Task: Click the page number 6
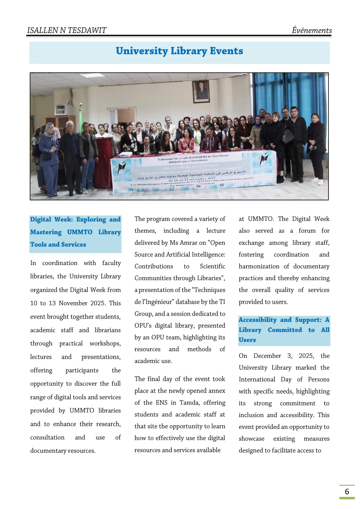click(x=347, y=491)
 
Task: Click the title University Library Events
click(x=179, y=51)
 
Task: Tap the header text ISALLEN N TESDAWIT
click(x=66, y=30)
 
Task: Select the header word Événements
click(x=312, y=30)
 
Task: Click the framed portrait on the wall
click(x=201, y=91)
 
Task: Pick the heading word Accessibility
click(x=258, y=320)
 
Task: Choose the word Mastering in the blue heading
click(x=46, y=232)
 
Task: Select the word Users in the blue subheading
click(x=247, y=340)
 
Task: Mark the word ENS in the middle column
click(x=161, y=403)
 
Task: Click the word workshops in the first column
click(x=105, y=343)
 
